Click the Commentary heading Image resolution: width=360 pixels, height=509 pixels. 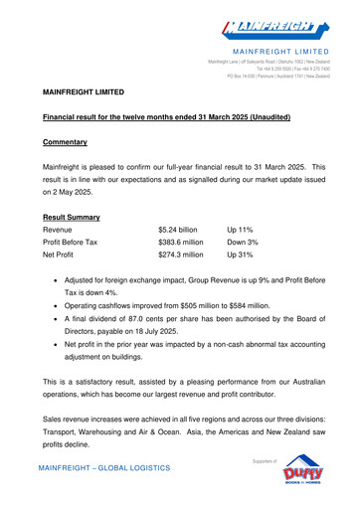[x=66, y=142]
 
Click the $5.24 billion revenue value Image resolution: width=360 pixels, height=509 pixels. [x=178, y=230]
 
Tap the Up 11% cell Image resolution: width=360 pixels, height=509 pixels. [x=242, y=230]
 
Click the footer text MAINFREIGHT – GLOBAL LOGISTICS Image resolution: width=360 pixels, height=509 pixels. [x=103, y=467]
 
